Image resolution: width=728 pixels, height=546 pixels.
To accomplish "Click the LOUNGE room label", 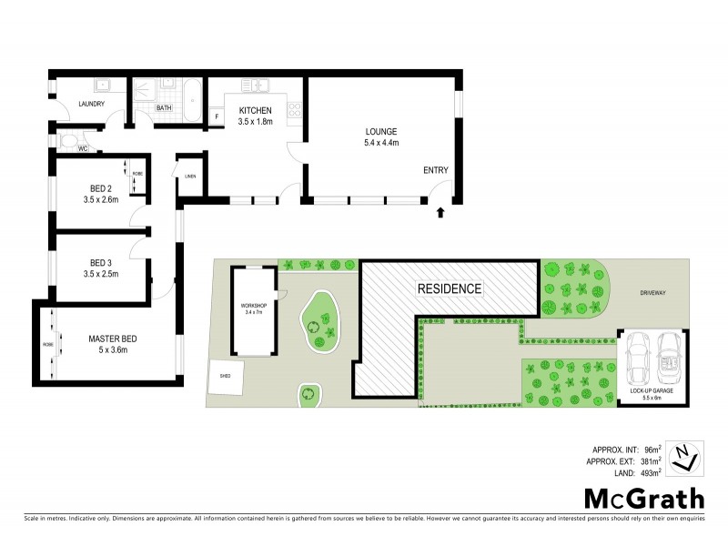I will [x=381, y=131].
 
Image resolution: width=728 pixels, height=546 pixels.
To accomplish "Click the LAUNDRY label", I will [x=91, y=104].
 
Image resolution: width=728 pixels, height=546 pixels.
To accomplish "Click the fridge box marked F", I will [x=217, y=116].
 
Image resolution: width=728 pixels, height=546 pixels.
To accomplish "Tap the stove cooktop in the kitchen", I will [x=294, y=110].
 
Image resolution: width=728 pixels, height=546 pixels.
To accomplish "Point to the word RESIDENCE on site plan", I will [x=449, y=288].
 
